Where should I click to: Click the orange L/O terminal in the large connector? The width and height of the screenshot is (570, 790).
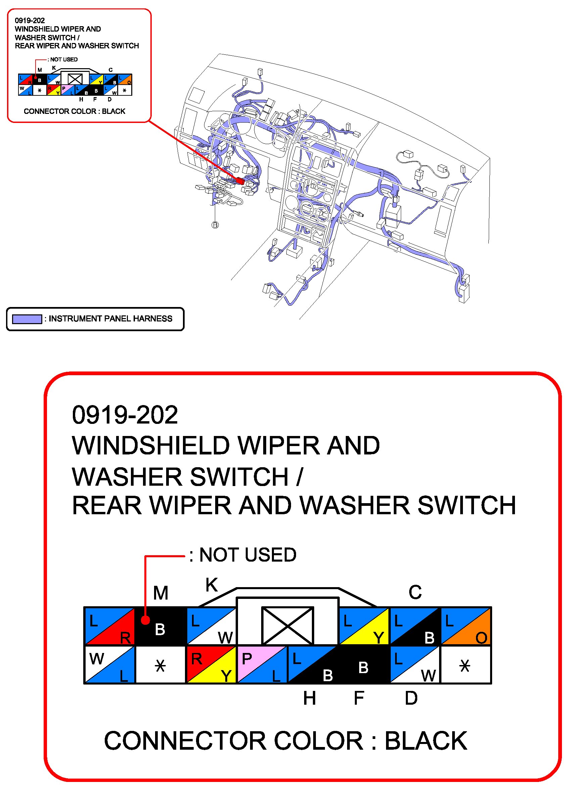click(x=466, y=626)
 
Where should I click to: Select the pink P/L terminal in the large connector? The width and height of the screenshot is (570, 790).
click(x=262, y=664)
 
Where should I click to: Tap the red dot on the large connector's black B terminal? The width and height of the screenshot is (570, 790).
click(x=146, y=620)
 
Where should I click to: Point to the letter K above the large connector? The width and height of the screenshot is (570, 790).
click(x=211, y=585)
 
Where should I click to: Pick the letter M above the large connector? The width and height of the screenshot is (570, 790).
click(x=160, y=593)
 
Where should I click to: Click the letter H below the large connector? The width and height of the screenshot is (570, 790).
click(x=310, y=698)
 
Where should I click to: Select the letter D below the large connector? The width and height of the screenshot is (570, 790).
click(x=411, y=698)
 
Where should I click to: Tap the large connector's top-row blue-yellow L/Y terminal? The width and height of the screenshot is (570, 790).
click(x=364, y=626)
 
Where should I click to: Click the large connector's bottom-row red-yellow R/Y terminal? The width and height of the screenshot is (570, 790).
click(x=211, y=664)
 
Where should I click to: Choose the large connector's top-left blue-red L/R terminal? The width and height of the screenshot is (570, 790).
click(x=110, y=626)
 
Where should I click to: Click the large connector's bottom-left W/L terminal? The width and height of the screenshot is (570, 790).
click(x=110, y=664)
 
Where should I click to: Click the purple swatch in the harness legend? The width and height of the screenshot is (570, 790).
click(x=27, y=319)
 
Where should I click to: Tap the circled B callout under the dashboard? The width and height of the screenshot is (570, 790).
click(x=215, y=225)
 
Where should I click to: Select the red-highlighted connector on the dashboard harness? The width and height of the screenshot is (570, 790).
click(x=240, y=181)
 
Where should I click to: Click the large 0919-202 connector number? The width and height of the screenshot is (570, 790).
click(x=125, y=415)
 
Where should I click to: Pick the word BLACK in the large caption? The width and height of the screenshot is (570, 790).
click(x=426, y=741)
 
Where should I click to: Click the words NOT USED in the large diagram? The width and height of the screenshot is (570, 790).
click(x=247, y=555)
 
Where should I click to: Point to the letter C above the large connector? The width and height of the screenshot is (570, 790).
click(x=415, y=592)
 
